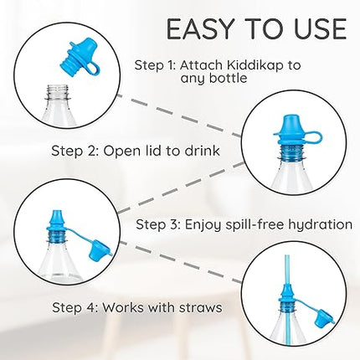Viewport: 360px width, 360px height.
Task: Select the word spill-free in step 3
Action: pyautogui.click(x=243, y=224)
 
